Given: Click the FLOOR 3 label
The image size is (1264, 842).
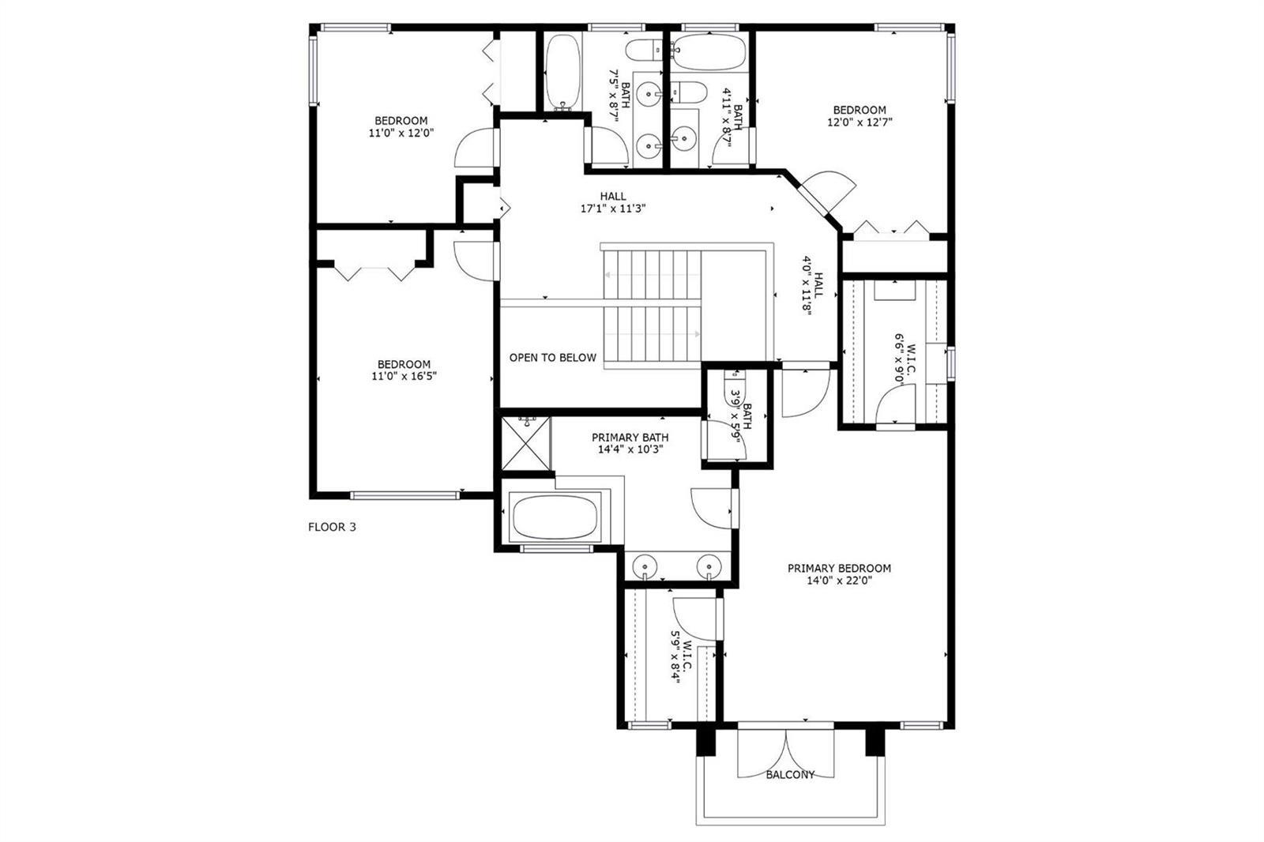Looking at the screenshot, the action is point(332,527).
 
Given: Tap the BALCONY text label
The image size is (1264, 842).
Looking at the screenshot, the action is point(790,775).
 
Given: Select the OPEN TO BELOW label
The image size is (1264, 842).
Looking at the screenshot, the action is point(552,358).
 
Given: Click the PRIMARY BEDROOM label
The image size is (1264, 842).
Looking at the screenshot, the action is point(839,568).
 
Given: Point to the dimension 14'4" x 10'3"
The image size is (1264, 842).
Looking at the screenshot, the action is point(630,449).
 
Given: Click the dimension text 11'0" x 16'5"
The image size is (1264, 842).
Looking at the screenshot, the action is point(404,377).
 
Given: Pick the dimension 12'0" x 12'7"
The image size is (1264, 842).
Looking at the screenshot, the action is point(860,122).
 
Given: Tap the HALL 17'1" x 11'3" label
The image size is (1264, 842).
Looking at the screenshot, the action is point(613,202).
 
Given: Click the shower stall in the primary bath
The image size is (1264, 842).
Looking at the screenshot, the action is point(525,444).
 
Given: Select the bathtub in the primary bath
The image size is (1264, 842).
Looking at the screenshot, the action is point(555,517).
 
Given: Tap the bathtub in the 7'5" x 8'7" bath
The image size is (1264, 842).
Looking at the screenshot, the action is point(562,72).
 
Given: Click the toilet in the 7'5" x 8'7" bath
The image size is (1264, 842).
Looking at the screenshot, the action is point(644,50).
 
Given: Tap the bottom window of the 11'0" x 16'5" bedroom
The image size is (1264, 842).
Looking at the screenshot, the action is point(404,495).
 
